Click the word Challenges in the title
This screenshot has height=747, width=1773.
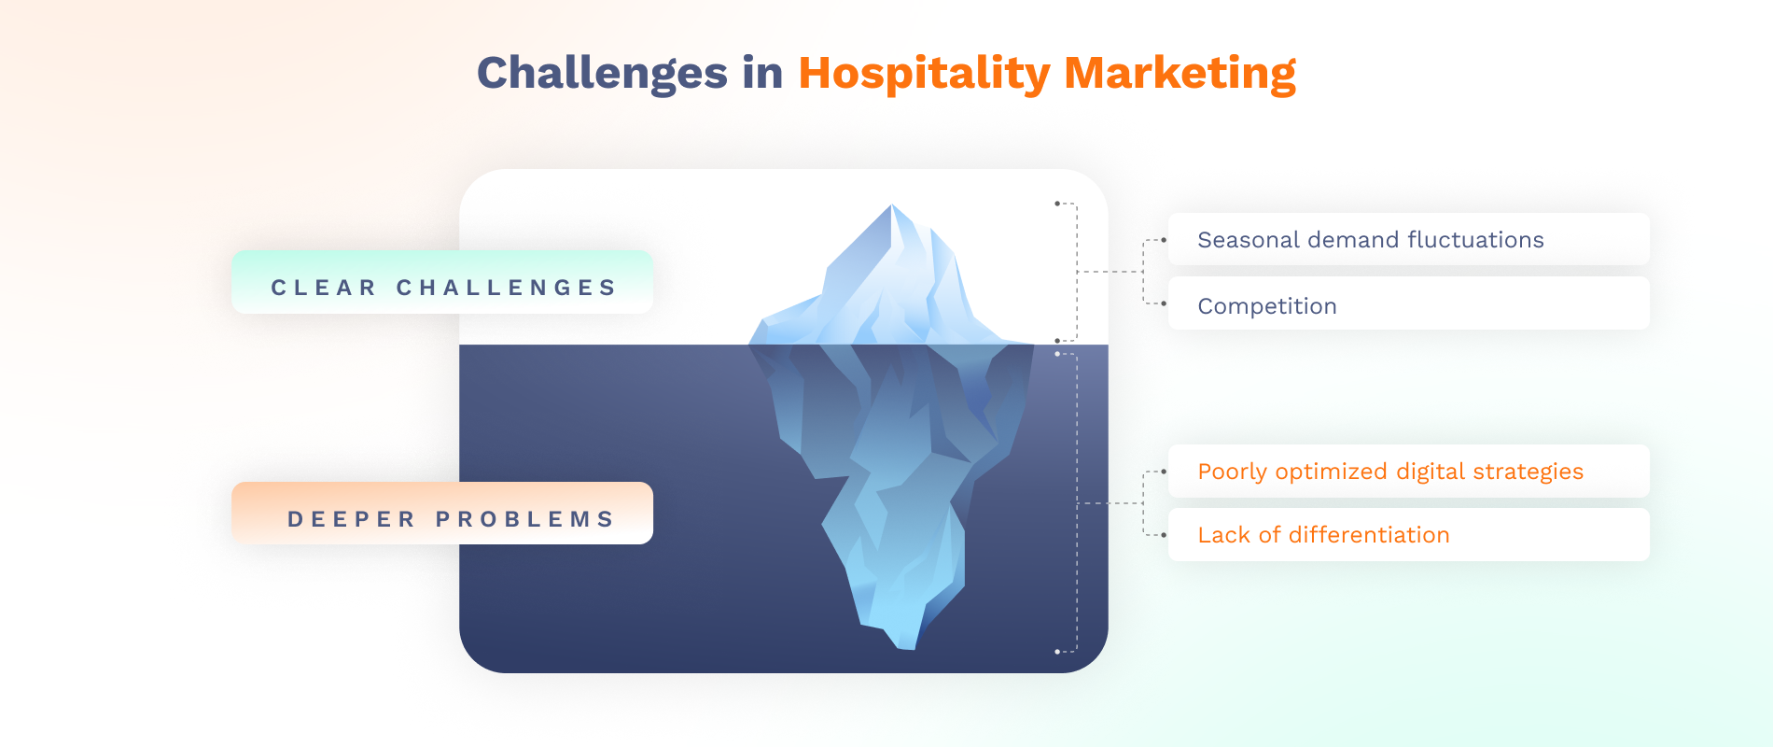603,74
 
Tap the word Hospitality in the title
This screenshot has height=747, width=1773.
924,74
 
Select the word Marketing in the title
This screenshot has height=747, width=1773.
1180,74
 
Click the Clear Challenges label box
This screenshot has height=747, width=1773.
442,282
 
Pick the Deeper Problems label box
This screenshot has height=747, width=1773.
442,513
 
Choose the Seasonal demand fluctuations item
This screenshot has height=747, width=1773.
1409,239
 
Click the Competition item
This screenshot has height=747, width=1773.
1409,303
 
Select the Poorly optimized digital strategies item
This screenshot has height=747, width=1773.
1409,471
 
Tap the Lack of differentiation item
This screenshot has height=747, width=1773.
1409,534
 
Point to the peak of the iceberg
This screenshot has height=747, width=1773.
892,205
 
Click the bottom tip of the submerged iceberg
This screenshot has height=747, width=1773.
906,647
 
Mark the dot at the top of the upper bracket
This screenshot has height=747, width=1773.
1057,203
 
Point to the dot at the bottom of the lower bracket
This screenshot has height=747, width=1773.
1057,652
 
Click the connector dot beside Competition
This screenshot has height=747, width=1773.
1164,303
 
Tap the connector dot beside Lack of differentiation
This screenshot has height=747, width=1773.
1164,535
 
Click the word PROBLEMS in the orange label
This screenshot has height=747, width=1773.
525,519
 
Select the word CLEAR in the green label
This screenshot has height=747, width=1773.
323,288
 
